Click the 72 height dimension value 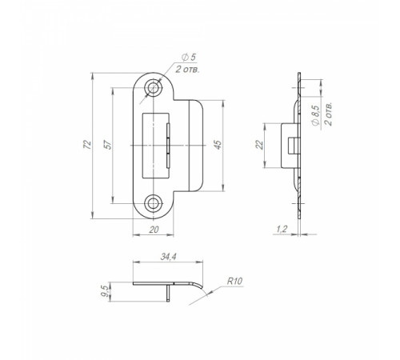(x=87, y=145)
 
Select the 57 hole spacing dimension (x=109, y=145)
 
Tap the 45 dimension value (x=218, y=145)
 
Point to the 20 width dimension (x=154, y=230)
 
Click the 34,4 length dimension (x=169, y=257)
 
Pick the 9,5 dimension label (x=106, y=291)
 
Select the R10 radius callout (x=234, y=282)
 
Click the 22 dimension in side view (x=259, y=145)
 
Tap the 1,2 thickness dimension (x=282, y=229)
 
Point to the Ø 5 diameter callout (x=189, y=57)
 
